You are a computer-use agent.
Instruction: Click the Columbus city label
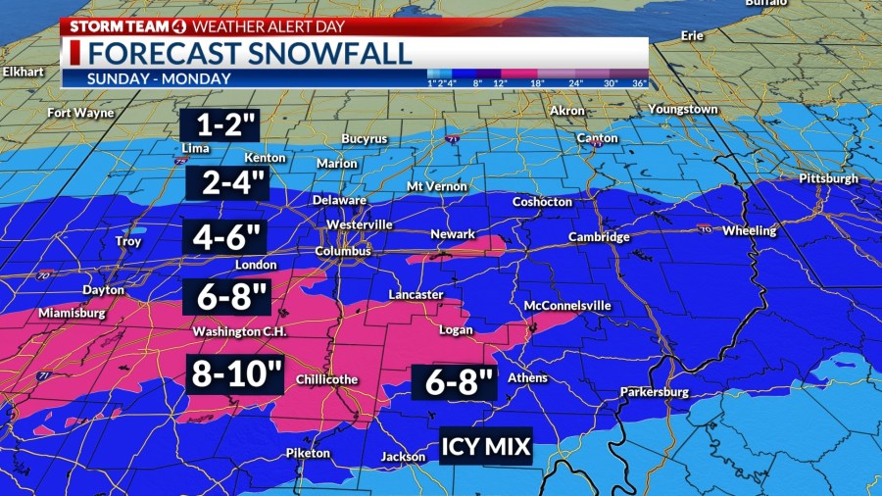[x=342, y=251]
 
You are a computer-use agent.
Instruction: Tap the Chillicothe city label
[x=326, y=379]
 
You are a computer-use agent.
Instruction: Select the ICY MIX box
[x=485, y=447]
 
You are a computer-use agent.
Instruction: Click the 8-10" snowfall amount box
[x=234, y=374]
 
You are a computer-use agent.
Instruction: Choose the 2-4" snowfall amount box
[x=226, y=181]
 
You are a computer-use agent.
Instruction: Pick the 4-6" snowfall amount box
[x=225, y=237]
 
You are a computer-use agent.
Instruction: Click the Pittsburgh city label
[x=828, y=178]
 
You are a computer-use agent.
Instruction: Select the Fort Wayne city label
[x=80, y=113]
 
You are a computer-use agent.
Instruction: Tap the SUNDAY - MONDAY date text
[x=159, y=78]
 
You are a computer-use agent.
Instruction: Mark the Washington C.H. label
[x=240, y=331]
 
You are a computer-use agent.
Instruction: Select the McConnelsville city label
[x=567, y=306]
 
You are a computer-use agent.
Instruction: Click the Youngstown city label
[x=683, y=109]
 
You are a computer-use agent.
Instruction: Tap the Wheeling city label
[x=749, y=231]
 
